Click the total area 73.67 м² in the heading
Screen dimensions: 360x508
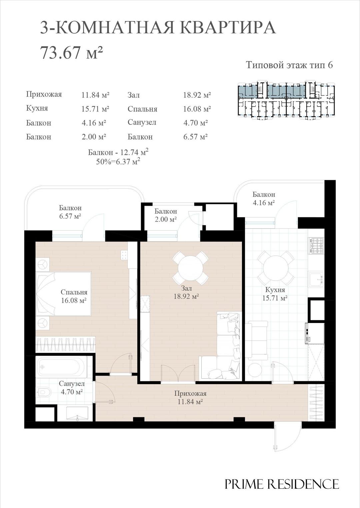[71, 53]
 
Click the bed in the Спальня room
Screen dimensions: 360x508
[64, 294]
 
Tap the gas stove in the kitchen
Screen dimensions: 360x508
[316, 245]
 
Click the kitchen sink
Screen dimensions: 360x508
[316, 280]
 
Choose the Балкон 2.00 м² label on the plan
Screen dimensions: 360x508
[166, 215]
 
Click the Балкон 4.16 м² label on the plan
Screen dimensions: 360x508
[264, 198]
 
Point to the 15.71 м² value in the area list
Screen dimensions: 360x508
[95, 109]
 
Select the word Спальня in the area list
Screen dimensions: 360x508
[142, 109]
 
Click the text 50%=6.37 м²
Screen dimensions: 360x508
[118, 162]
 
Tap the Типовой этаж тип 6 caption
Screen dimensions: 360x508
[289, 65]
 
